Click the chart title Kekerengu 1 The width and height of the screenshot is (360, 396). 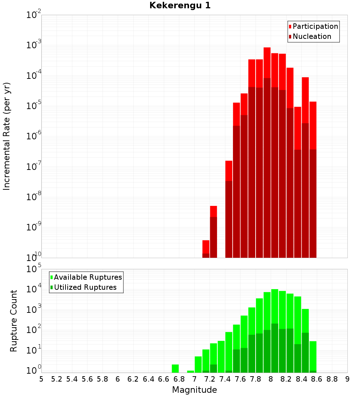(x=180, y=5)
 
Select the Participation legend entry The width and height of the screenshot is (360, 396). (x=313, y=26)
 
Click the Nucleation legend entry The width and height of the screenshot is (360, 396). (x=310, y=36)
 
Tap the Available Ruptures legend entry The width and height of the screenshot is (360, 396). (x=86, y=277)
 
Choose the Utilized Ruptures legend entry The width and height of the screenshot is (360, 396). (x=84, y=287)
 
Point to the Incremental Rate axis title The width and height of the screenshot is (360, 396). (x=6, y=136)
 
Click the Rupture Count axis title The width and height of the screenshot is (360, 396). (x=13, y=321)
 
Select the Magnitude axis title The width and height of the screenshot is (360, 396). (x=194, y=390)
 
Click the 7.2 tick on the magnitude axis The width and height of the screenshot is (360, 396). (x=210, y=379)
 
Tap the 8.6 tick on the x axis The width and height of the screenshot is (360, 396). (x=316, y=379)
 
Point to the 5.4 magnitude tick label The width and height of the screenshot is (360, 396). (x=72, y=379)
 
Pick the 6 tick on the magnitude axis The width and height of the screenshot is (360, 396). (x=118, y=379)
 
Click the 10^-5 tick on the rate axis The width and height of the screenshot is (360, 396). (x=33, y=105)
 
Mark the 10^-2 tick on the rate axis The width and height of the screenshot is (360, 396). (x=33, y=14)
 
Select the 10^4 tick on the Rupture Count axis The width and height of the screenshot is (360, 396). (x=33, y=288)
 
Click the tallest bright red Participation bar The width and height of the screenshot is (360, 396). (x=267, y=63)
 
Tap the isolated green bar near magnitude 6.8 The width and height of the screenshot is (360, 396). (x=175, y=369)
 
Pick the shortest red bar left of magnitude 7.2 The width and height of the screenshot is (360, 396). (x=206, y=247)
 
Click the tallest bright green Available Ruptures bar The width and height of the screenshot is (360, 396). (x=275, y=306)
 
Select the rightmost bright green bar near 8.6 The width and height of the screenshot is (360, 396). (x=313, y=356)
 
